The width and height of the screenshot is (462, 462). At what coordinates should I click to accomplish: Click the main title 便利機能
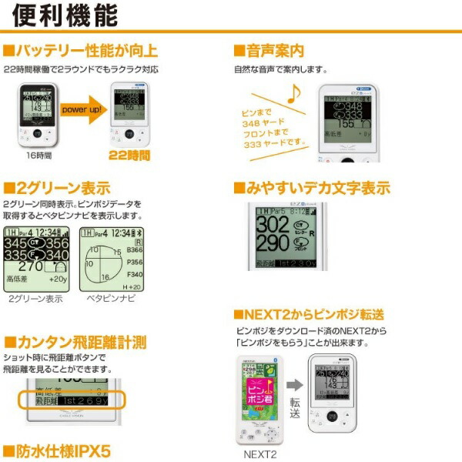(x=65, y=15)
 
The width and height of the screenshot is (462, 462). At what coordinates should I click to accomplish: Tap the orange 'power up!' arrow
(x=84, y=110)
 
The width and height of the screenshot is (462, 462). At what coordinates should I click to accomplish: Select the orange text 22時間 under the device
(x=129, y=156)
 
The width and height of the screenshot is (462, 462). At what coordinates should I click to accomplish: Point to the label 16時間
(x=38, y=156)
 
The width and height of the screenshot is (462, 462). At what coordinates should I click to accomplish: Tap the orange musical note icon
(x=294, y=93)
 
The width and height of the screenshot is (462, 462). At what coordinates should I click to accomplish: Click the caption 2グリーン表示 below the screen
(x=35, y=297)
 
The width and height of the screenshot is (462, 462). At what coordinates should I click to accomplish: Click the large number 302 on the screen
(x=273, y=226)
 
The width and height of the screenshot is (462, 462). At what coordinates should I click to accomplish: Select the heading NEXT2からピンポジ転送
(x=309, y=314)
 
